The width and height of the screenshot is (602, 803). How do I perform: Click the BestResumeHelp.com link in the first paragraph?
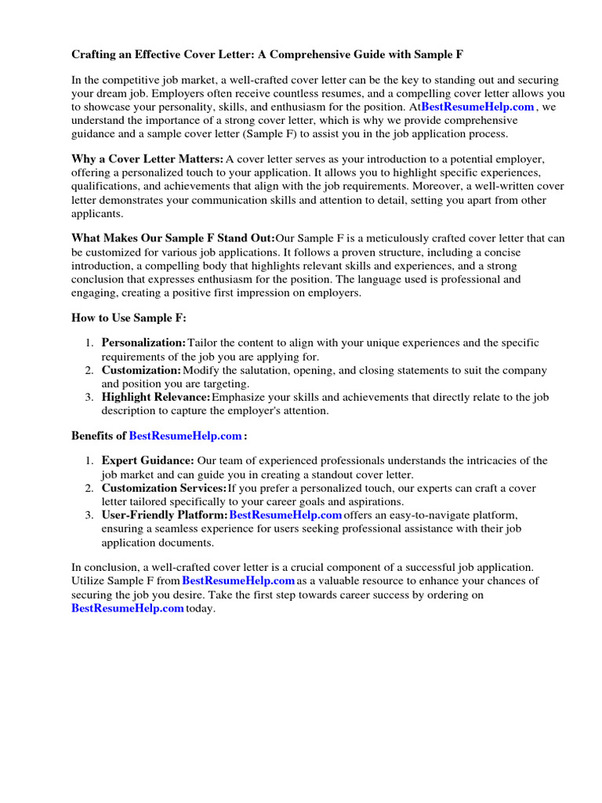pos(477,107)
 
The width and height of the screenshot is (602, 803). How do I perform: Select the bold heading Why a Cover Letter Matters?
pos(147,159)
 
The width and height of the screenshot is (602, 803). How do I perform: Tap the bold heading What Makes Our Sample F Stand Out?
pos(173,238)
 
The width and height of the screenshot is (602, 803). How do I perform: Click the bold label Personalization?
pos(143,343)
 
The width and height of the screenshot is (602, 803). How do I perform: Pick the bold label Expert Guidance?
pos(147,461)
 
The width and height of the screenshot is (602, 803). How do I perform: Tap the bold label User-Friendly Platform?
pos(165,515)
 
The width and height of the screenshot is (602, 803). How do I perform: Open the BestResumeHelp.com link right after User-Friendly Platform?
pos(285,515)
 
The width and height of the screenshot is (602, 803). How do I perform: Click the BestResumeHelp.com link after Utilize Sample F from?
pos(238,581)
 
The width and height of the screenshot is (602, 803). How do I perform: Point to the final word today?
pos(200,609)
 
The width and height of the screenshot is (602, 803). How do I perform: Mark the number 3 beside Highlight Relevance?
pos(89,398)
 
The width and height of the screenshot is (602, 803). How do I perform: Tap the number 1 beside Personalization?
pos(89,343)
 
